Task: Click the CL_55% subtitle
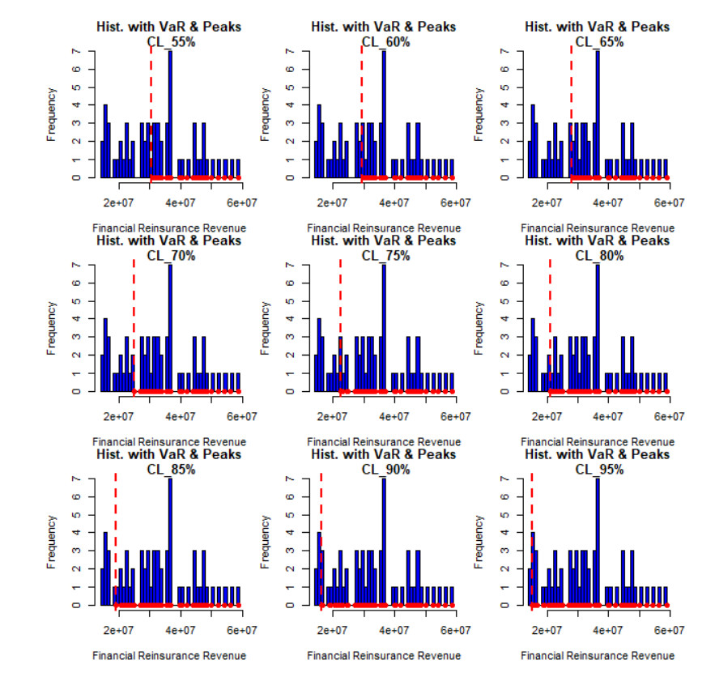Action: tap(169, 41)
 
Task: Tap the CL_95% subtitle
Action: tap(598, 469)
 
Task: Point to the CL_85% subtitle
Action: tap(169, 469)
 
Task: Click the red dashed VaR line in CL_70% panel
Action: tap(134, 324)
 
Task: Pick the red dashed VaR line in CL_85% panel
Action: tap(116, 534)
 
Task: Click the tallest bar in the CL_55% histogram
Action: tap(170, 113)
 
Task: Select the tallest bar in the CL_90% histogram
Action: tap(384, 541)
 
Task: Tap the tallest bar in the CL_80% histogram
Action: tap(598, 327)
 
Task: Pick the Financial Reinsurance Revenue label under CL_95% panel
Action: tap(598, 655)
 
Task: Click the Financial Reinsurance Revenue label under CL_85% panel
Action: tap(169, 655)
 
